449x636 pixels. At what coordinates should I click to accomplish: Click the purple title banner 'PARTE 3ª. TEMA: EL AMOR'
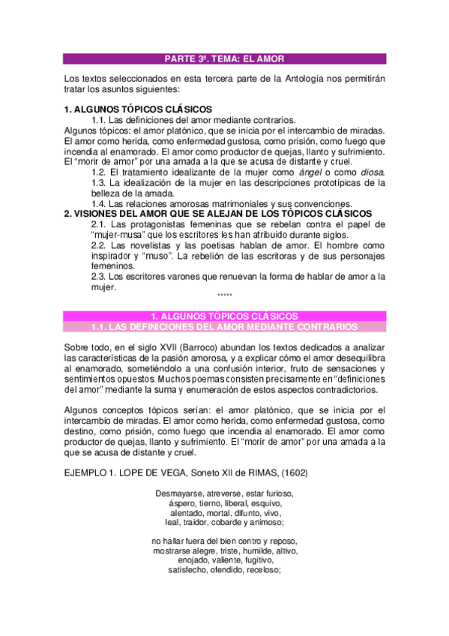click(x=224, y=58)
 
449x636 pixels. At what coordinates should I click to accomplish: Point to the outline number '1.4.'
click(x=100, y=204)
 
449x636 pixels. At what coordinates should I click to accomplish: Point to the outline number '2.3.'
click(x=100, y=276)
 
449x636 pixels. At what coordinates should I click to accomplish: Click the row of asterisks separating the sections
click(x=224, y=297)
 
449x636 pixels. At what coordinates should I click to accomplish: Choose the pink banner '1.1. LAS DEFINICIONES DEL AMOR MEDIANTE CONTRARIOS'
click(x=224, y=327)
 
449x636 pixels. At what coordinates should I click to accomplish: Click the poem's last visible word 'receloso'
click(x=260, y=570)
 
